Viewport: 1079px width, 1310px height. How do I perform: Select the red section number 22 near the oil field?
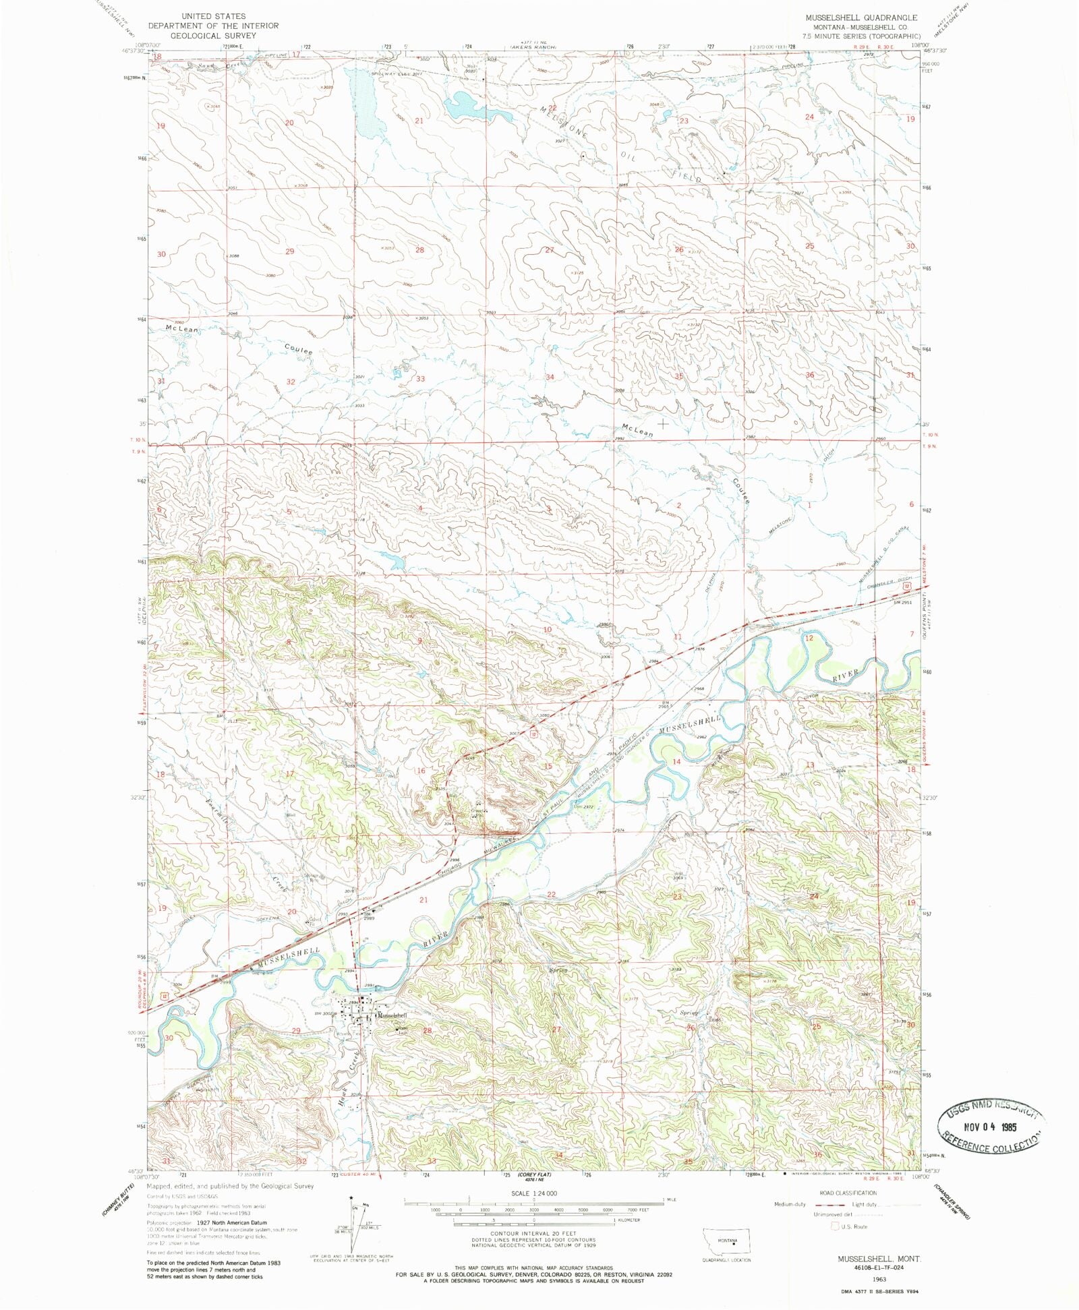click(x=552, y=108)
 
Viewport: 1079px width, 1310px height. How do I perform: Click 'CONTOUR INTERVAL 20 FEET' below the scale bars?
click(x=533, y=1233)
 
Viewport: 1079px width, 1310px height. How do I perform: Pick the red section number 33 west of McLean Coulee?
click(x=420, y=379)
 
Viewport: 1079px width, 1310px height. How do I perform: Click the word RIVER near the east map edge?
click(x=846, y=674)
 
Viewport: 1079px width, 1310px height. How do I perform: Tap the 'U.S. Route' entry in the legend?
click(x=854, y=1226)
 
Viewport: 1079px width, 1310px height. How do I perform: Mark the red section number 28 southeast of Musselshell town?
click(x=426, y=1031)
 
